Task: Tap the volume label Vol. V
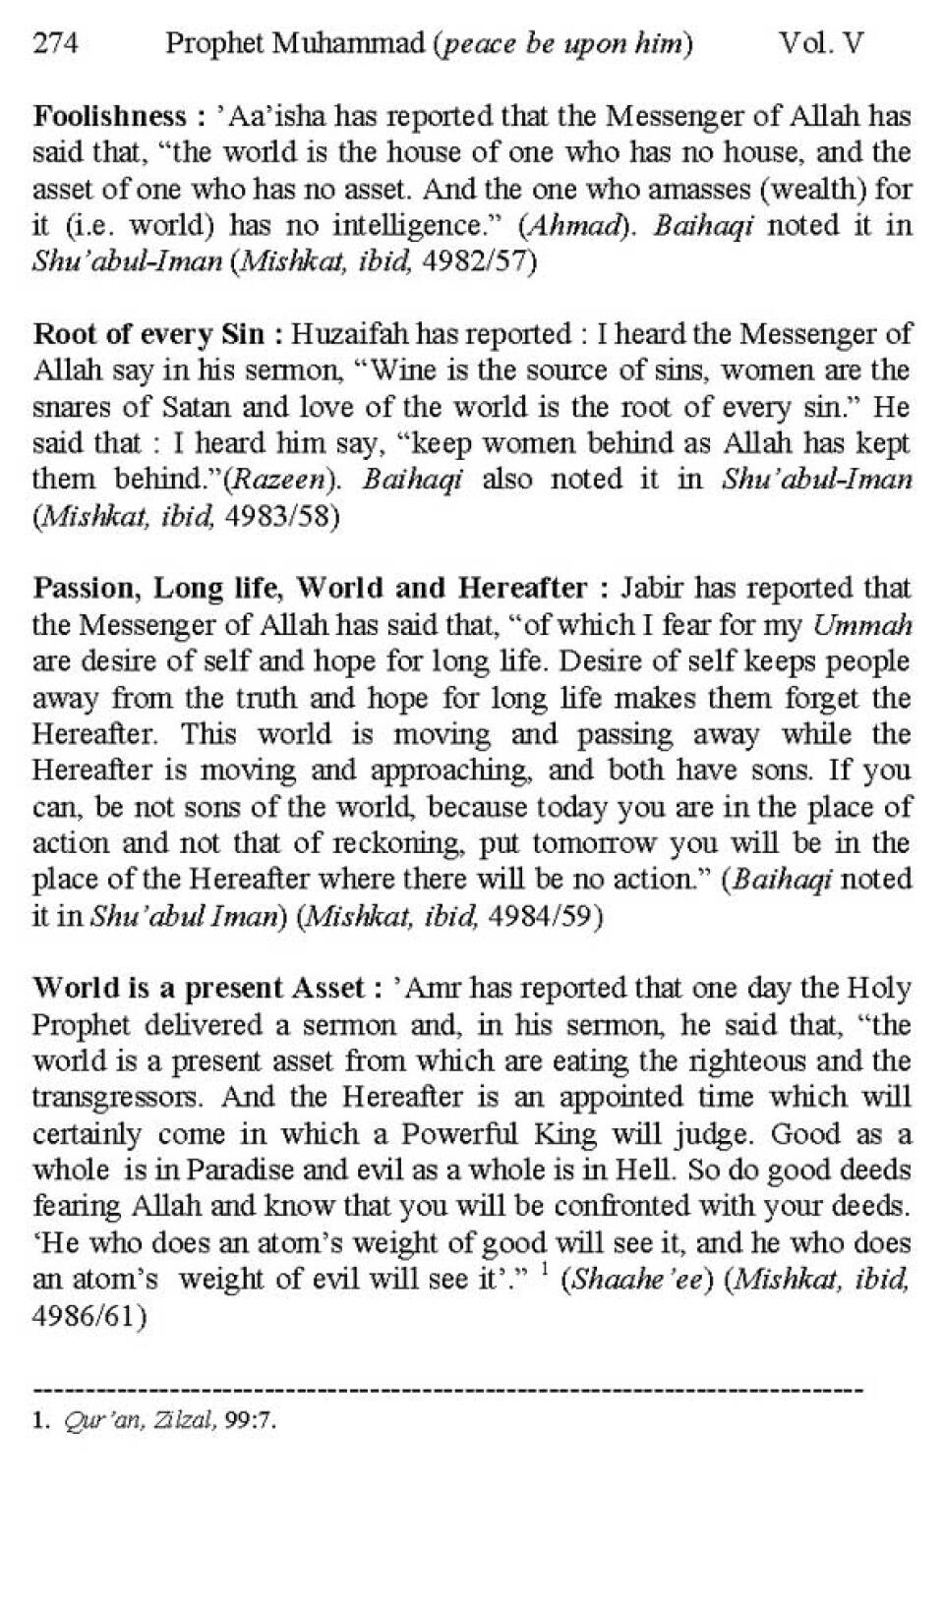[x=820, y=44]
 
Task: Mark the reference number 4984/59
[x=545, y=916]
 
